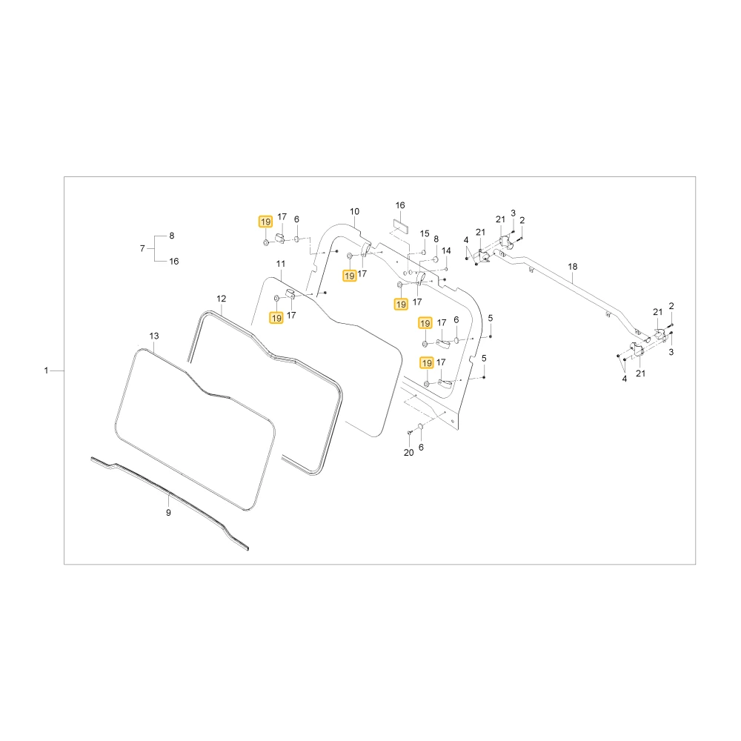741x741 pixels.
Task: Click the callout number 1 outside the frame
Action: click(46, 370)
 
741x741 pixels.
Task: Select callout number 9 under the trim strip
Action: click(168, 513)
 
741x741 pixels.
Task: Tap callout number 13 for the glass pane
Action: click(154, 336)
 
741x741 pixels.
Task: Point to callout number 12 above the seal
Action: click(221, 299)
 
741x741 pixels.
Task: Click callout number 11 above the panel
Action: click(281, 264)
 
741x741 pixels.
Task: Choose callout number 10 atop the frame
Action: click(354, 212)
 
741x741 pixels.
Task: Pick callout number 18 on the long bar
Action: click(572, 267)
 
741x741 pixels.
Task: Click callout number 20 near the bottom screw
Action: click(409, 453)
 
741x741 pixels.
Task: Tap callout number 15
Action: click(425, 233)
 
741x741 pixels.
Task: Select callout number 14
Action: click(446, 250)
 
